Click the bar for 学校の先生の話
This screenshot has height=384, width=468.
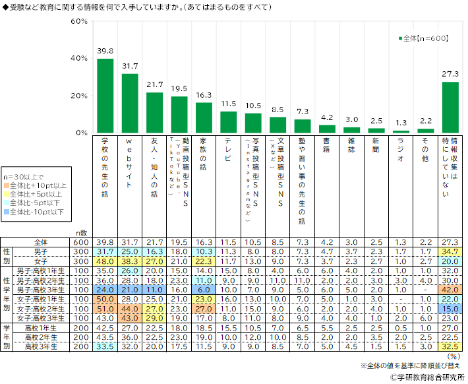[x=105, y=96]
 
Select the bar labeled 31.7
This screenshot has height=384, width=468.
[x=130, y=103]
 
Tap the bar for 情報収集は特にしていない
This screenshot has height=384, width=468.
[x=450, y=107]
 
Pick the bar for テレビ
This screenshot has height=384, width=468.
[x=228, y=122]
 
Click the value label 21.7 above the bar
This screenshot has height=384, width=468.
[x=154, y=85]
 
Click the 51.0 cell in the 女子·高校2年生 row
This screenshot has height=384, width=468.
[x=105, y=308]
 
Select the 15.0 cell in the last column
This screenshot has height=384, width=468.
[x=450, y=308]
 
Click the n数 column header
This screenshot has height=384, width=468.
[x=80, y=233]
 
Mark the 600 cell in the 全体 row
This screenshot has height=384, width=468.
[x=80, y=242]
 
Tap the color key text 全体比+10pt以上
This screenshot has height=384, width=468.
[x=40, y=187]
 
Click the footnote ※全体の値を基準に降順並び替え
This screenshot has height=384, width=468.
[x=409, y=366]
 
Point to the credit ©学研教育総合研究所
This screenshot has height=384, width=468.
[x=422, y=377]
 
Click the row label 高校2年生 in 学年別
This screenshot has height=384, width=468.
[x=45, y=336]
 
